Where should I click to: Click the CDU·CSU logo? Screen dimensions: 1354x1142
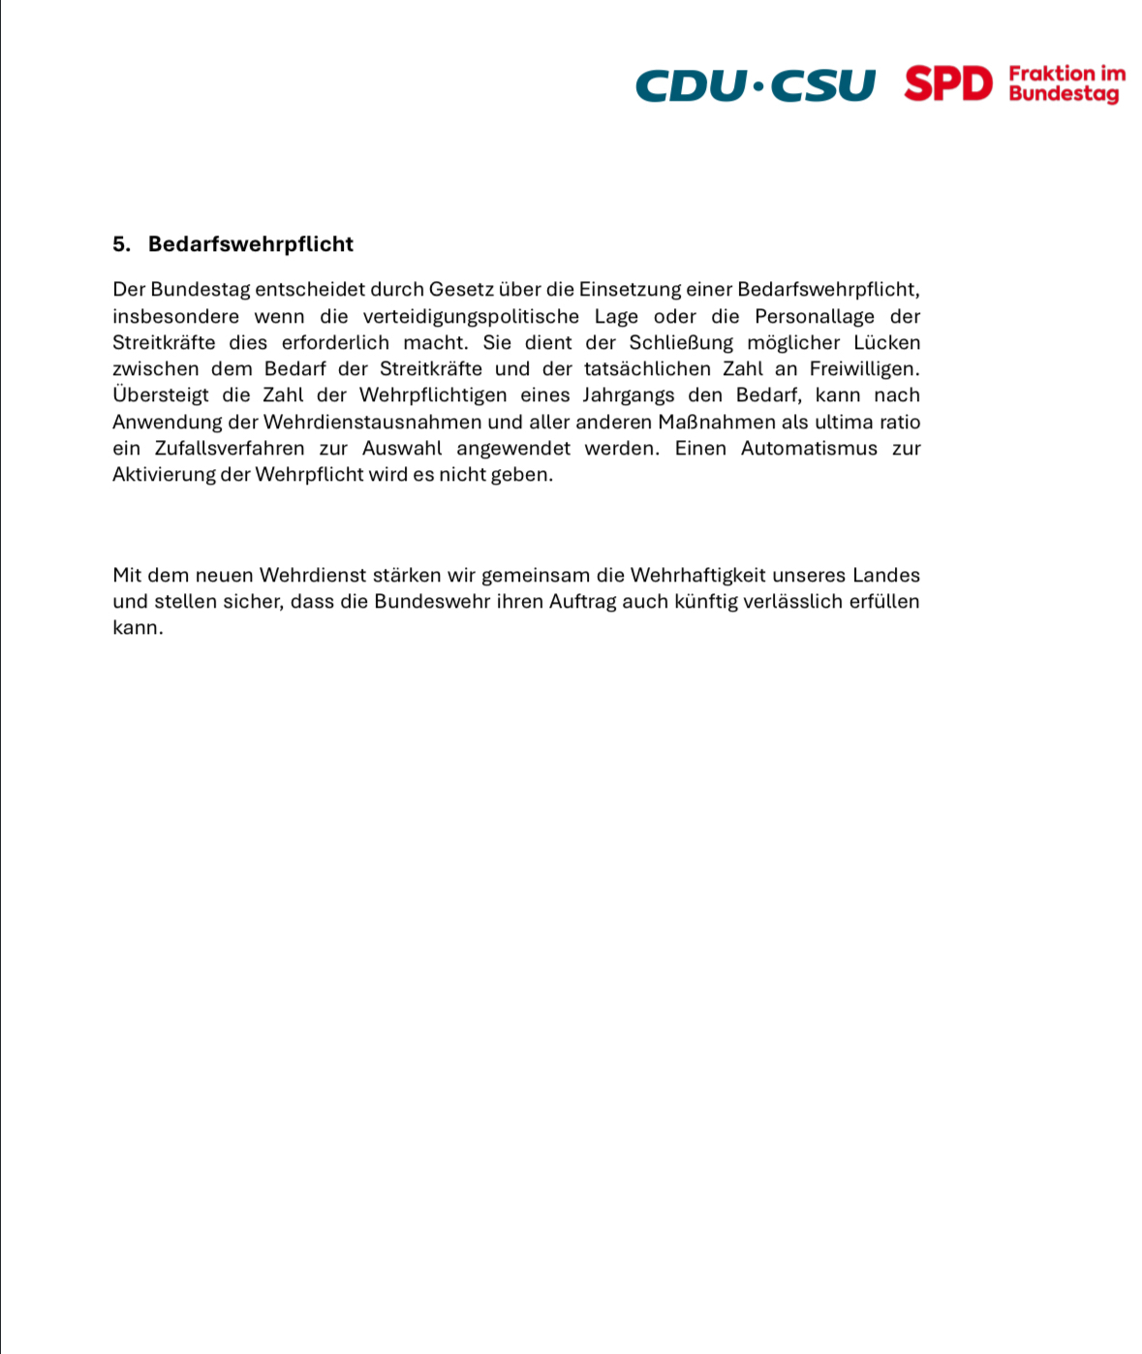pyautogui.click(x=755, y=84)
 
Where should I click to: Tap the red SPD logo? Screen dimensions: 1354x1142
pyautogui.click(x=948, y=84)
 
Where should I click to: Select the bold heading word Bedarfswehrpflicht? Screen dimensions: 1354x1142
pyautogui.click(x=251, y=244)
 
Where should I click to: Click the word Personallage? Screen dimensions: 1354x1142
pyautogui.click(x=815, y=317)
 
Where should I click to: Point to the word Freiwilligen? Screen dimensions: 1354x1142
pyautogui.click(x=864, y=369)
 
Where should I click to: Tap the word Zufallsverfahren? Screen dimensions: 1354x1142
pyautogui.click(x=230, y=449)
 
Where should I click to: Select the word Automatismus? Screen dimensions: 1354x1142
pyautogui.click(x=809, y=449)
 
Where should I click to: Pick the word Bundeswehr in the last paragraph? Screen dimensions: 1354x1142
pyautogui.click(x=433, y=602)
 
